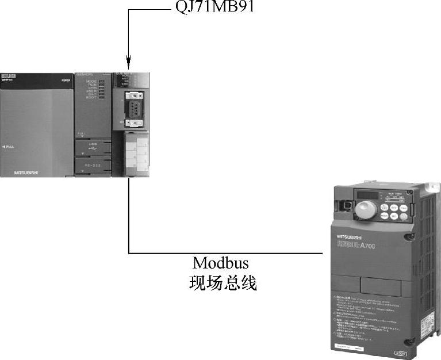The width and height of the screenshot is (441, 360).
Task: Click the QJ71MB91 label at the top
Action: point(213,9)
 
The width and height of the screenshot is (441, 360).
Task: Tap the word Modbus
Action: point(221,264)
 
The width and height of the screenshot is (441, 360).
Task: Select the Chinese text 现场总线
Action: point(221,284)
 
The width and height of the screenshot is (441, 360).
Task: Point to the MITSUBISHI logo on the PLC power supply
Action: point(27,171)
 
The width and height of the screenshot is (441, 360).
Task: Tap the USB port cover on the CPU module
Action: point(93,147)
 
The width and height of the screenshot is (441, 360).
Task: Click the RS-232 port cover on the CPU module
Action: point(93,166)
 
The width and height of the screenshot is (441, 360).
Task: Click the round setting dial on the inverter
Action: point(365,210)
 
